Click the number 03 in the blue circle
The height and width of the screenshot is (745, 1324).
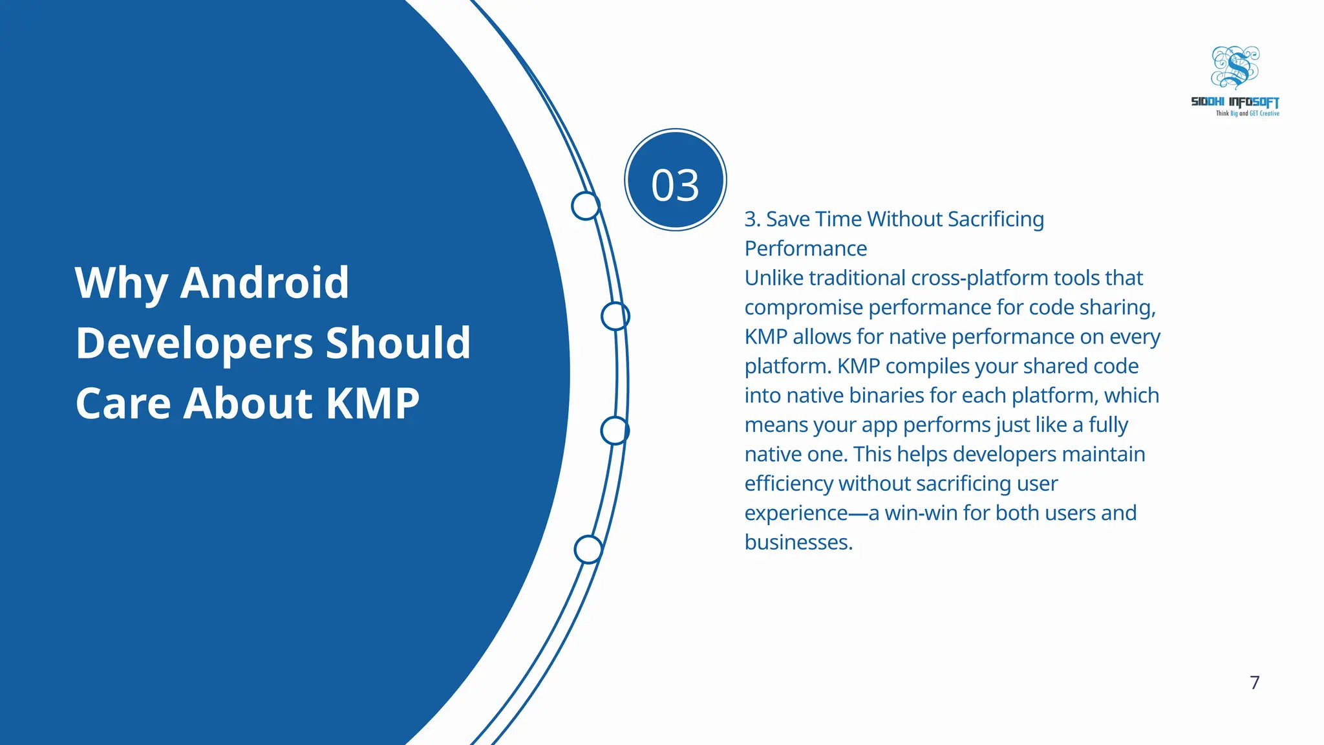[x=675, y=185]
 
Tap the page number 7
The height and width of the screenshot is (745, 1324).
[x=1254, y=682]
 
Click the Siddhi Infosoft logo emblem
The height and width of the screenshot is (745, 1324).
[x=1235, y=67]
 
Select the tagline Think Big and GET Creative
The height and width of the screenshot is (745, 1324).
[x=1247, y=114]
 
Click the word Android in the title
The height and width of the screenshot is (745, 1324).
[x=264, y=283]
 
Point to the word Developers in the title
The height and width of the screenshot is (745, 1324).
[x=194, y=343]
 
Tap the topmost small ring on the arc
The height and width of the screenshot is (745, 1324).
[x=586, y=206]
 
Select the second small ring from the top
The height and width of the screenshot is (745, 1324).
[x=615, y=316]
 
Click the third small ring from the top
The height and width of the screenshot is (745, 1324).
[x=614, y=431]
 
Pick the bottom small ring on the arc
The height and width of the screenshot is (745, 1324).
[x=588, y=550]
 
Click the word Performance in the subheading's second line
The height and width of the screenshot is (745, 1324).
[x=806, y=248]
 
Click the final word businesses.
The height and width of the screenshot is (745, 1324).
[x=798, y=542]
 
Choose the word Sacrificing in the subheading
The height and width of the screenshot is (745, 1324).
[x=996, y=219]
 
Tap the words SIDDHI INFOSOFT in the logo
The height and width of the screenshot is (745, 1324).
[x=1235, y=102]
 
